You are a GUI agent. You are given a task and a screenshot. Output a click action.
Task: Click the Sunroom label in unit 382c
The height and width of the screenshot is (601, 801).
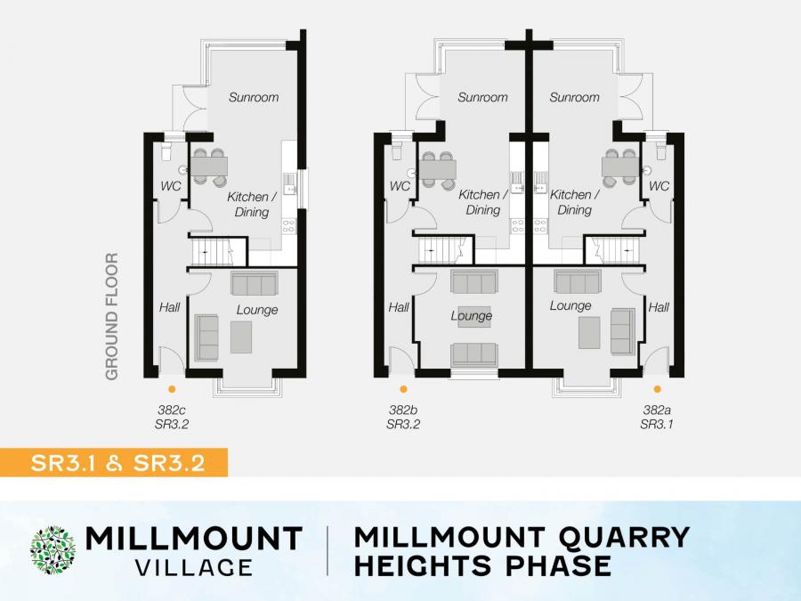[x=254, y=97]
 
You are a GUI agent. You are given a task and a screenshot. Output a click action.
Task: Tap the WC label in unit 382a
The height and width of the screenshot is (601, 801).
[x=659, y=186]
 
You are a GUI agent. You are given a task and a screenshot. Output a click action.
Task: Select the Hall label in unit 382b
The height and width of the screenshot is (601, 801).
[x=399, y=307]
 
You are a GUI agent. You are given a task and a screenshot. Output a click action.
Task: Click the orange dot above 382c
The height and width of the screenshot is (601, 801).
[x=172, y=389]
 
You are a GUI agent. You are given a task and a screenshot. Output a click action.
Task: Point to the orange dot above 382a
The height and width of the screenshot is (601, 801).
[x=657, y=389]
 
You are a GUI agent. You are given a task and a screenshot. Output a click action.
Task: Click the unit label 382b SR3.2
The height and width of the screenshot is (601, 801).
[x=403, y=417]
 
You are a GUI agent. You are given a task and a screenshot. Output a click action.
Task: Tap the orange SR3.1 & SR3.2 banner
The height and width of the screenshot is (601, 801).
[x=113, y=462]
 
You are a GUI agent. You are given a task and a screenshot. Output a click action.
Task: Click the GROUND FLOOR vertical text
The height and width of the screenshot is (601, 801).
[x=111, y=316]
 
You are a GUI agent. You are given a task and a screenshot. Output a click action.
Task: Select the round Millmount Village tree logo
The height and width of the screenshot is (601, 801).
[x=53, y=550]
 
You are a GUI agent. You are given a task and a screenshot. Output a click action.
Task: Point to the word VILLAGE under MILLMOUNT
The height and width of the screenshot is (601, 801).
[x=194, y=567]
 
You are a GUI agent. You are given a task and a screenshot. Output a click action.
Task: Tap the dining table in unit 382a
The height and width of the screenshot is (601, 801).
[x=620, y=167]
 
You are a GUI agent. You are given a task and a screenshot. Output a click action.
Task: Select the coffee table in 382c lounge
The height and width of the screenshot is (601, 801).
[x=240, y=337]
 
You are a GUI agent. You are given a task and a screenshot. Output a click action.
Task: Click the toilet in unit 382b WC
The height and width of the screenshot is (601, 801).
[x=396, y=150]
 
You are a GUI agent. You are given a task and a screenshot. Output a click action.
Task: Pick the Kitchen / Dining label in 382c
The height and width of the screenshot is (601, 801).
[x=251, y=204]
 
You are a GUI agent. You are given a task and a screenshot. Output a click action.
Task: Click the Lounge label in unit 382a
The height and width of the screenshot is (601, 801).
[x=570, y=305]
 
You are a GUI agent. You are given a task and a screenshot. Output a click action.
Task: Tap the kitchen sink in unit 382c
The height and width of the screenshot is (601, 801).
[x=289, y=183]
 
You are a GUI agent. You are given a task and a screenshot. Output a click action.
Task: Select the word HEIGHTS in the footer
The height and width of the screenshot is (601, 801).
[x=423, y=565]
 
